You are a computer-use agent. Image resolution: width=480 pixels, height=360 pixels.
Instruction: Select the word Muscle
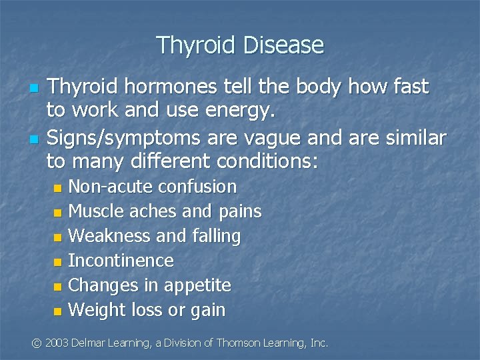[x=94, y=211]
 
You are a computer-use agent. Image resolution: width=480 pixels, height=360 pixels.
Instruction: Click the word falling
[x=215, y=236]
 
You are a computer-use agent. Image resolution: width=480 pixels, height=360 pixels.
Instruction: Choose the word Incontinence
[x=121, y=261]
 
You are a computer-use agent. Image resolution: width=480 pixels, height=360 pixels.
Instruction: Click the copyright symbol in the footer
[x=37, y=343]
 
